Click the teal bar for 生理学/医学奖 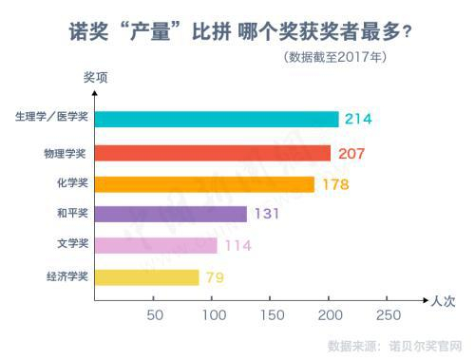click(x=217, y=119)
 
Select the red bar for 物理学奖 click(x=213, y=152)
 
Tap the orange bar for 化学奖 click(x=204, y=183)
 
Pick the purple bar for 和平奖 click(x=171, y=214)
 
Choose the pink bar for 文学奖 click(x=156, y=246)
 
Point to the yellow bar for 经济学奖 click(x=146, y=277)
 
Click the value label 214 click(x=357, y=119)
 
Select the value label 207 click(x=350, y=152)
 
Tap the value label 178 click(x=334, y=183)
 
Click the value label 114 click(x=237, y=246)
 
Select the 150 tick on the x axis click(x=271, y=314)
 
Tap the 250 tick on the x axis click(x=388, y=314)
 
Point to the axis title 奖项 click(x=95, y=78)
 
